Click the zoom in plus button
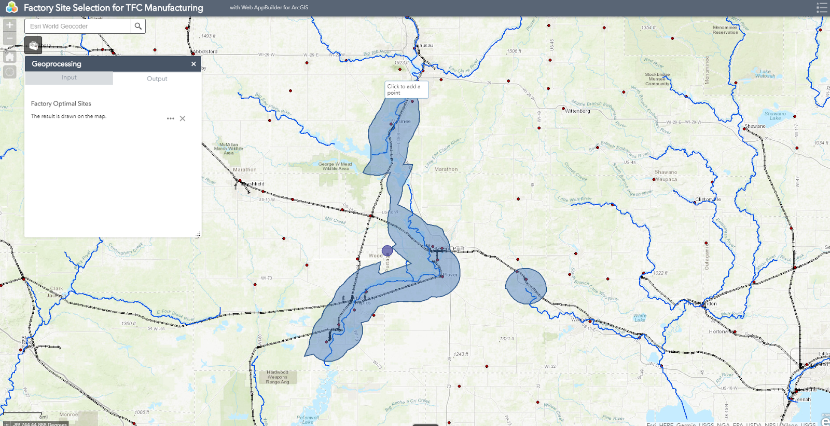click(10, 25)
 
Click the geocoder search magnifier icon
click(138, 26)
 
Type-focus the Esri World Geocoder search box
click(78, 26)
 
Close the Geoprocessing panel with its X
click(193, 64)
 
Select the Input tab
click(69, 78)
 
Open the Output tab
click(157, 78)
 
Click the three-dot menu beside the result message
click(170, 118)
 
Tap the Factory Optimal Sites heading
click(61, 103)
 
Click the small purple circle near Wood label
click(387, 251)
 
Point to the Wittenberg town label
click(577, 111)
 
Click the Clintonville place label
click(708, 199)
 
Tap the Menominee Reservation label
click(725, 30)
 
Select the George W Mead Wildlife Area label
click(336, 166)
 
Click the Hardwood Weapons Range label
click(278, 377)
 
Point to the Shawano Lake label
click(775, 116)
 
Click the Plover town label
click(450, 275)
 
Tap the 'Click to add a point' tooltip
click(406, 89)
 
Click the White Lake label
click(640, 317)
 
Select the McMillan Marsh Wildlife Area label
click(229, 149)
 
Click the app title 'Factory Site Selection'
click(113, 8)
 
